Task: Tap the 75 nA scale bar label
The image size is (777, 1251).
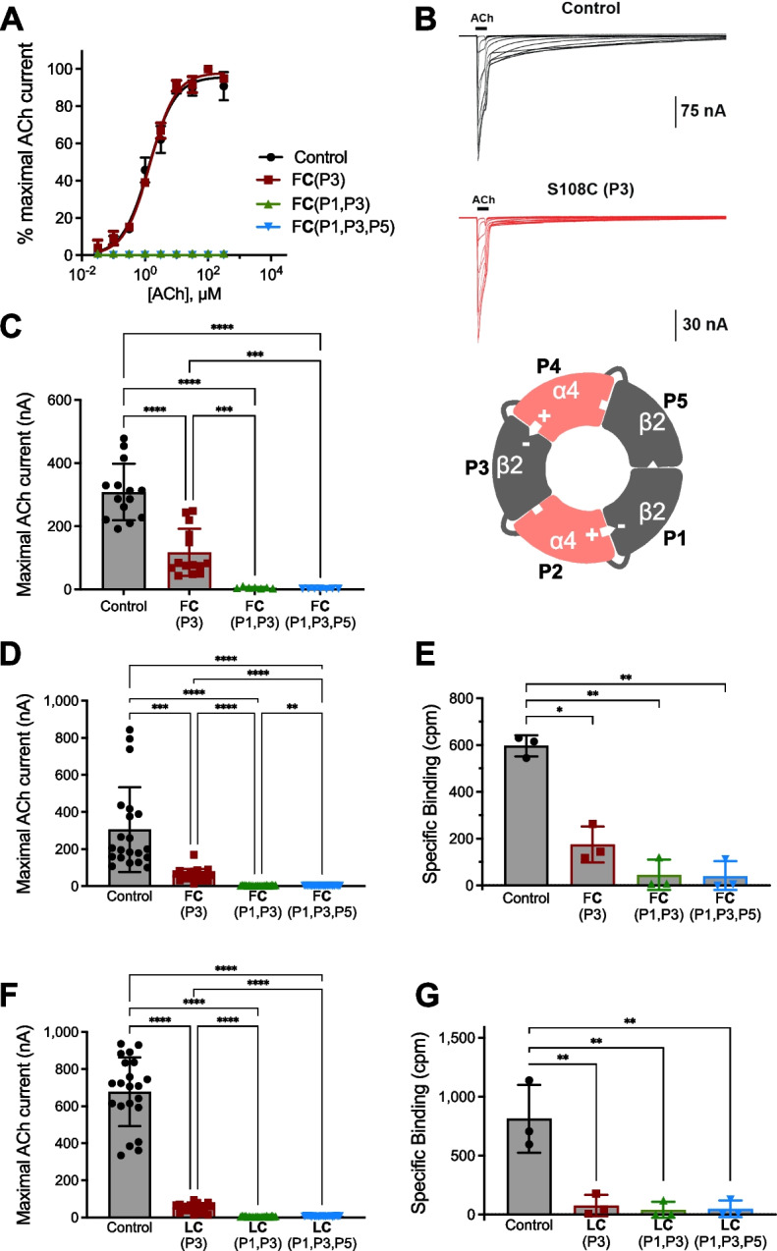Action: click(704, 112)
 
